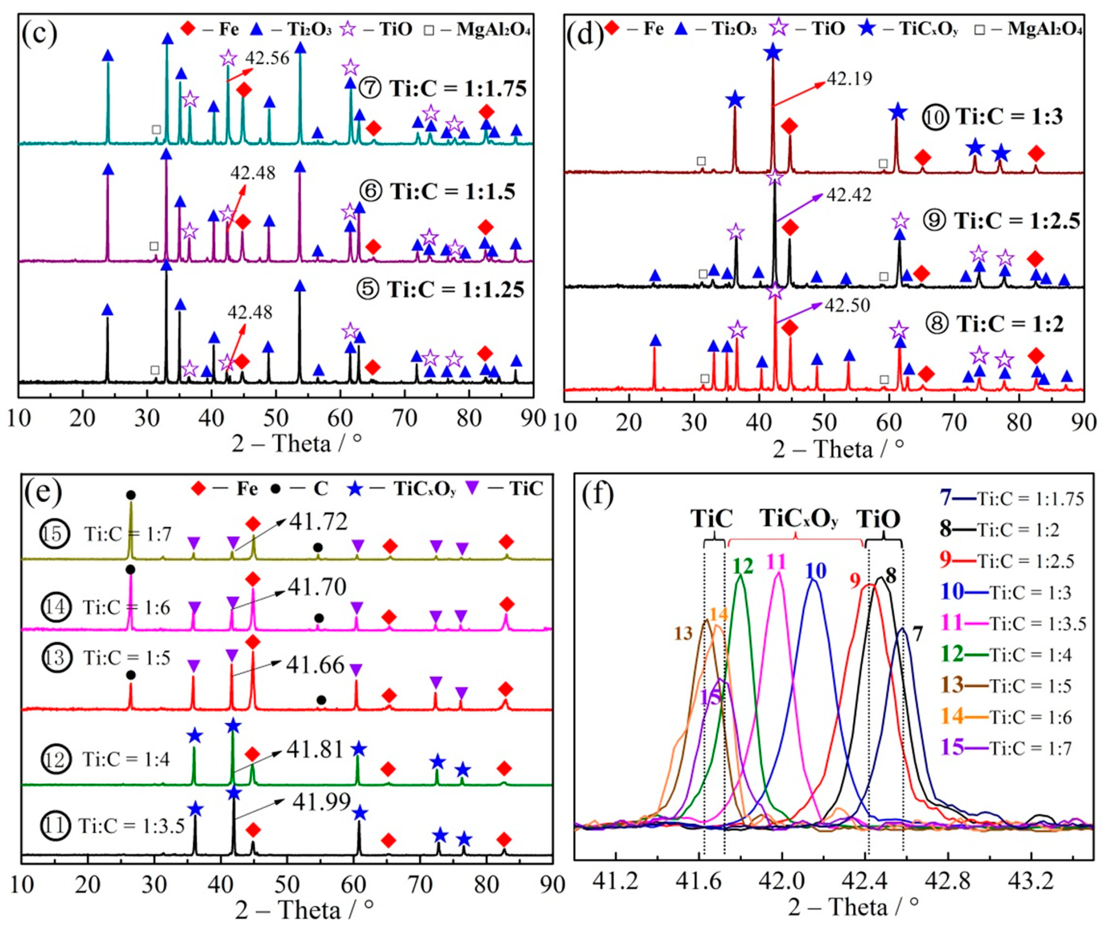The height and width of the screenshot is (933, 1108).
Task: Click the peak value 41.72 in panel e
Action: (x=318, y=522)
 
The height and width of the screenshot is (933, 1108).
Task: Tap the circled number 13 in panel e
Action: (x=56, y=658)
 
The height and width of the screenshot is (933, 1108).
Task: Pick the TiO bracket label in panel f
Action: (x=878, y=519)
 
